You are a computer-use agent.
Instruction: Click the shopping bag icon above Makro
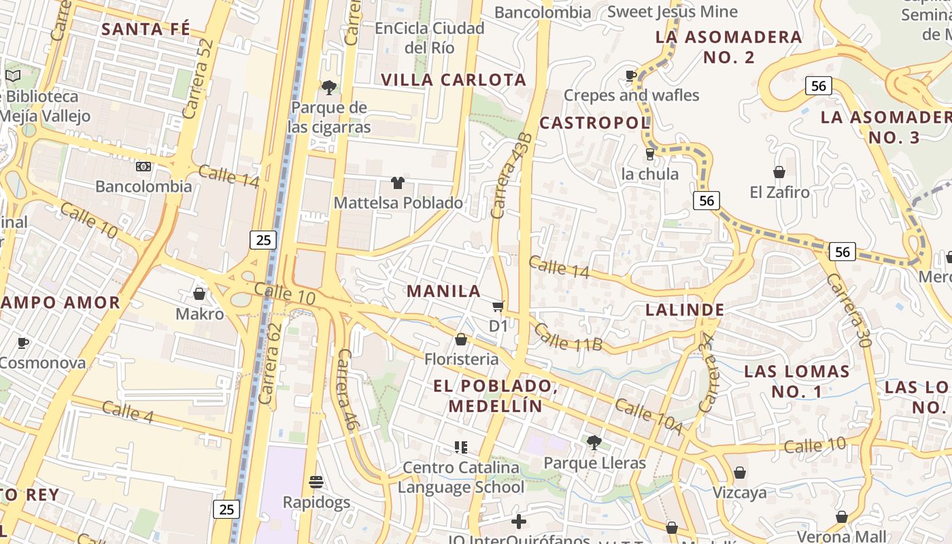pyautogui.click(x=199, y=294)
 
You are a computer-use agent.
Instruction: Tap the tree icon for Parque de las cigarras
pyautogui.click(x=328, y=87)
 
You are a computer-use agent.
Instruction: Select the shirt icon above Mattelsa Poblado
pyautogui.click(x=398, y=182)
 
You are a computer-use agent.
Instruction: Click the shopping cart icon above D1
pyautogui.click(x=498, y=307)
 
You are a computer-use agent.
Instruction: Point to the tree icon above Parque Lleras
pyautogui.click(x=594, y=443)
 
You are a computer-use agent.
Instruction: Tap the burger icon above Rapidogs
pyautogui.click(x=316, y=482)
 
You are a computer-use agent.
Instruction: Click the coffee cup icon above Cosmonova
pyautogui.click(x=23, y=342)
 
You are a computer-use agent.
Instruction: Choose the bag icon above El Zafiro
pyautogui.click(x=779, y=172)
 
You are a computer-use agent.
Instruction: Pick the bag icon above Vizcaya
pyautogui.click(x=740, y=473)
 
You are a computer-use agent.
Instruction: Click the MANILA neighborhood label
pyautogui.click(x=444, y=291)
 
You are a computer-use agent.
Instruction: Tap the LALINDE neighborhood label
pyautogui.click(x=685, y=310)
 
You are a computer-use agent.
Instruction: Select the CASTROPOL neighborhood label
pyautogui.click(x=595, y=123)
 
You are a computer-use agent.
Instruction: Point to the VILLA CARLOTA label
pyautogui.click(x=454, y=80)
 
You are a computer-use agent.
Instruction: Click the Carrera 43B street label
pyautogui.click(x=510, y=175)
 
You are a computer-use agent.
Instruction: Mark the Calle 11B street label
pyautogui.click(x=568, y=338)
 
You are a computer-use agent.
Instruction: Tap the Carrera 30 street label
pyautogui.click(x=849, y=310)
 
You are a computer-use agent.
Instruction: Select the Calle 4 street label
pyautogui.click(x=128, y=411)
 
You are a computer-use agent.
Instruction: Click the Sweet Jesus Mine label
pyautogui.click(x=672, y=12)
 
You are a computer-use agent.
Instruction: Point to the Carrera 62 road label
pyautogui.click(x=270, y=364)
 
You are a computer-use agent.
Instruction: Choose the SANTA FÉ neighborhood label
pyautogui.click(x=146, y=29)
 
